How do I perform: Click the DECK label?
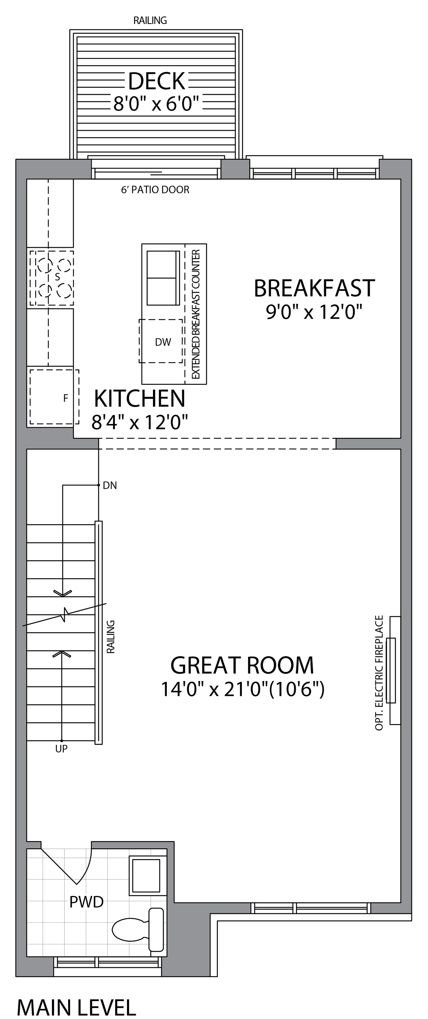pos(157,81)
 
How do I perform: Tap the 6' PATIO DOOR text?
pos(155,190)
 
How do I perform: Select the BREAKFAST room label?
pos(314,288)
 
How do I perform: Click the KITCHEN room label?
pos(139,398)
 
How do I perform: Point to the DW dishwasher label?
pos(163,342)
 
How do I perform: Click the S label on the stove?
pos(57,277)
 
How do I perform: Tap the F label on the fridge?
pos(65,398)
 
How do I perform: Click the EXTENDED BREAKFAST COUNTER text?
pos(196,314)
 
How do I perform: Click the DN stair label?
pos(110,485)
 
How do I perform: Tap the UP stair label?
pos(62,748)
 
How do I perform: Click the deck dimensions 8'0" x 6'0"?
pos(156,104)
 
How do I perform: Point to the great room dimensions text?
pos(243,689)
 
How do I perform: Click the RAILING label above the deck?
pos(150,20)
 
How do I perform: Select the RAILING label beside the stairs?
pos(111,636)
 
